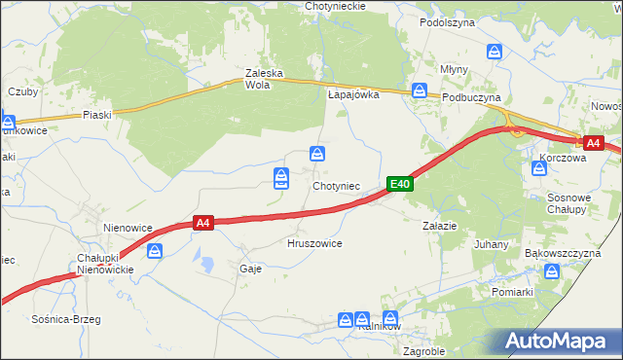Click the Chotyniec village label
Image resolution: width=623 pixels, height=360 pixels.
(337, 185)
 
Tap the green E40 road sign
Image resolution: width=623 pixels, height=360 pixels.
(401, 183)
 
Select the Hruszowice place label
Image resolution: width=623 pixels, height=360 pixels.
(313, 243)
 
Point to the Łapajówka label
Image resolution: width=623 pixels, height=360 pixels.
(352, 94)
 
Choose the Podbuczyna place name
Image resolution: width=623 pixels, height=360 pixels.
(470, 98)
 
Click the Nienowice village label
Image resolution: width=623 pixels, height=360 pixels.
(128, 228)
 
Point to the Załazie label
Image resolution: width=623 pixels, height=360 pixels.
(439, 225)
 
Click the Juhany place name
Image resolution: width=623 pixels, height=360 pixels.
(491, 244)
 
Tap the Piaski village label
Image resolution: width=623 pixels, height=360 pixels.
(97, 114)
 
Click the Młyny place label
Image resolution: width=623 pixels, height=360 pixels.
(454, 70)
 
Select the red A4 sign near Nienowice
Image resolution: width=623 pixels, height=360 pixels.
(202, 223)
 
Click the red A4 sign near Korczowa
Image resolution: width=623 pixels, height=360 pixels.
(593, 142)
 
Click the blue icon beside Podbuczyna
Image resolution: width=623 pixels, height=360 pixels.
(420, 91)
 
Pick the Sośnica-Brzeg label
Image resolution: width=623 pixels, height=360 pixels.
(66, 319)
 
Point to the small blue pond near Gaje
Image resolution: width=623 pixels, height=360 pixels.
(206, 259)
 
